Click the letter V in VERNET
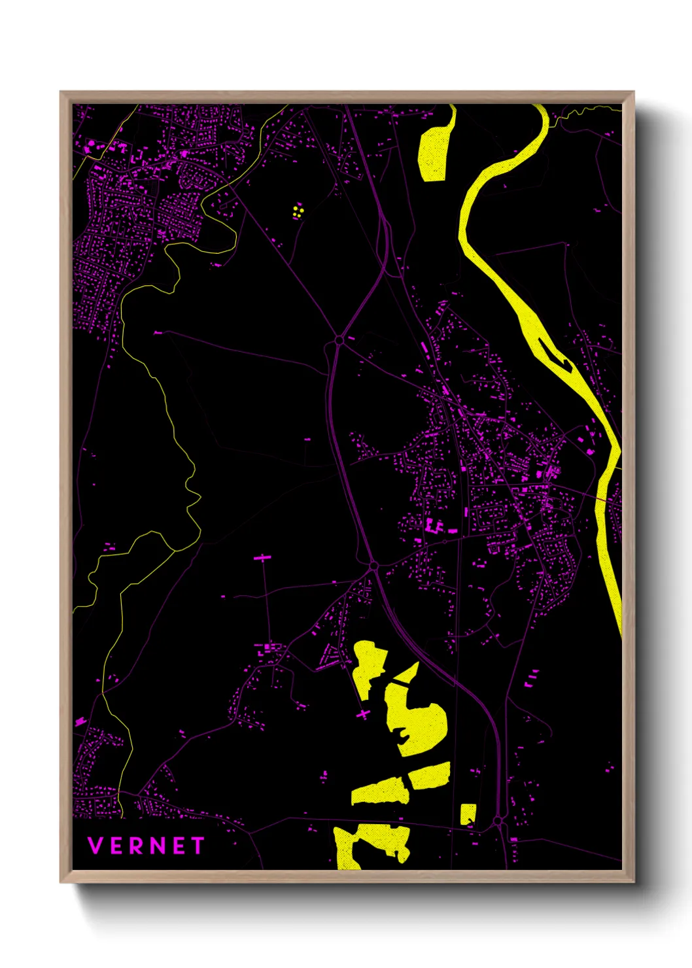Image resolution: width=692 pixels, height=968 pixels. [95, 846]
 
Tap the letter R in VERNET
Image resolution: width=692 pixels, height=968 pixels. [135, 846]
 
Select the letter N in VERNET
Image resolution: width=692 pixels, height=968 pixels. [156, 846]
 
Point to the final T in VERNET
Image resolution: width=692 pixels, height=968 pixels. [197, 846]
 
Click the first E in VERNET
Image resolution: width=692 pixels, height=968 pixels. [115, 846]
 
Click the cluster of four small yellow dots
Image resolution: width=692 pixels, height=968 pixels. [298, 211]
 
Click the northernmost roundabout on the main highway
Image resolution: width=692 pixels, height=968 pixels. [339, 340]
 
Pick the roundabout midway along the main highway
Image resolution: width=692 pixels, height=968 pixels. [373, 565]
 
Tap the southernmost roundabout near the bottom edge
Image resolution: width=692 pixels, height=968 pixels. [498, 820]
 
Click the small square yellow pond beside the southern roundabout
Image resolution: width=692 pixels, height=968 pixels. [468, 814]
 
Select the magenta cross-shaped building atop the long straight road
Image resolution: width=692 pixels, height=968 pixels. [263, 558]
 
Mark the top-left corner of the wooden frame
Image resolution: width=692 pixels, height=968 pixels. [61, 92]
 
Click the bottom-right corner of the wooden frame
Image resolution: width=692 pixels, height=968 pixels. [633, 882]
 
